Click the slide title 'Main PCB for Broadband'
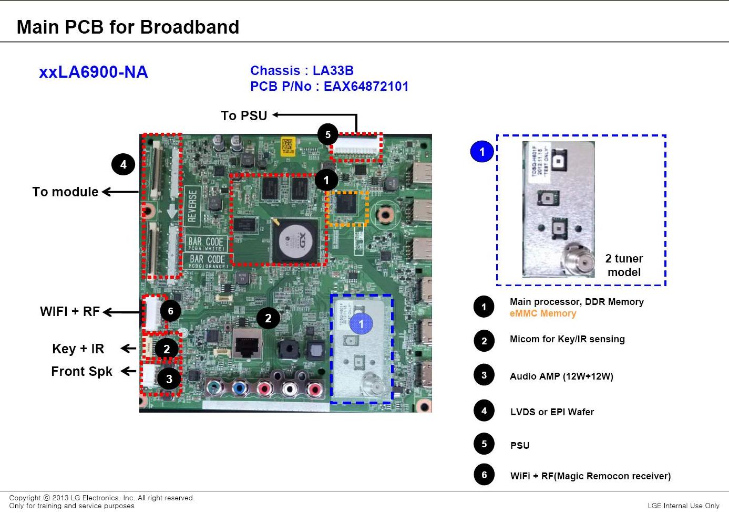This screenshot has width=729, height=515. [x=128, y=27]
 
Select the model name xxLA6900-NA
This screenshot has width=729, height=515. [x=94, y=72]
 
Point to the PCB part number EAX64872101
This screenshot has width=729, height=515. [x=366, y=87]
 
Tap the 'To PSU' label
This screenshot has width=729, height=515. [x=244, y=115]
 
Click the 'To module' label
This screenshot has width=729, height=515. [x=65, y=192]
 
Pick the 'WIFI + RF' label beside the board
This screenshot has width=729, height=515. [x=70, y=312]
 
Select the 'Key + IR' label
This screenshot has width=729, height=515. [x=78, y=349]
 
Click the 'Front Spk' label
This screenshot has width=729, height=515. [x=81, y=372]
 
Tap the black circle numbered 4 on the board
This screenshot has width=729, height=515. [x=123, y=165]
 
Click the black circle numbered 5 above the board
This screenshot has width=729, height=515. [x=327, y=135]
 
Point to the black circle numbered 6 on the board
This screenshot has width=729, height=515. [x=170, y=311]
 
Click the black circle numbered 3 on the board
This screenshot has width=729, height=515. [x=169, y=379]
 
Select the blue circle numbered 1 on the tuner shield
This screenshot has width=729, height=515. [x=361, y=324]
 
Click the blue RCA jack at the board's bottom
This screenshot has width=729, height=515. [x=239, y=389]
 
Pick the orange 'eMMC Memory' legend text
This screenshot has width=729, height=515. [x=543, y=314]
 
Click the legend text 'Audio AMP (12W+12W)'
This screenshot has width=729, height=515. [x=561, y=376]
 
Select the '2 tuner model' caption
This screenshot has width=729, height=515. [x=624, y=265]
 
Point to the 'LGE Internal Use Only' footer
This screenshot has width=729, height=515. [x=683, y=506]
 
